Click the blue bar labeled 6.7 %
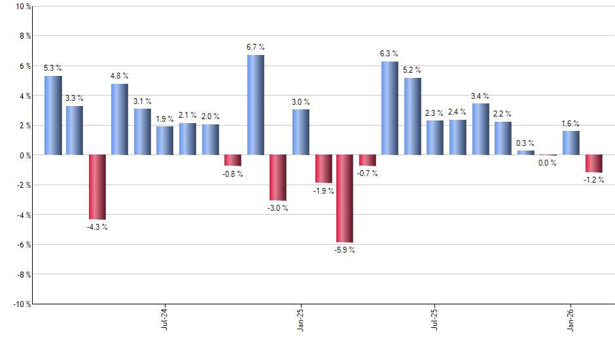click(x=256, y=105)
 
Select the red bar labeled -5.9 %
click(x=345, y=198)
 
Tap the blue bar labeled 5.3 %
click(x=53, y=115)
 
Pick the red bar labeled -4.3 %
click(x=97, y=187)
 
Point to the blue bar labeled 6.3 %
click(x=389, y=108)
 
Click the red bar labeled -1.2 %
click(x=593, y=164)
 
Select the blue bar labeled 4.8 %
click(x=120, y=119)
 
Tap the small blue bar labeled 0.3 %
click(x=525, y=153)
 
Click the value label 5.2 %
click(x=412, y=70)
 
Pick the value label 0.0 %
click(x=548, y=164)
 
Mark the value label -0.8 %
click(x=232, y=174)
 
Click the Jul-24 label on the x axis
click(x=164, y=317)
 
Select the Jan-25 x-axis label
click(x=300, y=317)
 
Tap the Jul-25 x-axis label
click(x=434, y=317)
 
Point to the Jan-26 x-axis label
click(x=570, y=317)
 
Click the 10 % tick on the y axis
click(x=22, y=7)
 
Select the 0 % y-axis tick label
click(x=24, y=155)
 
